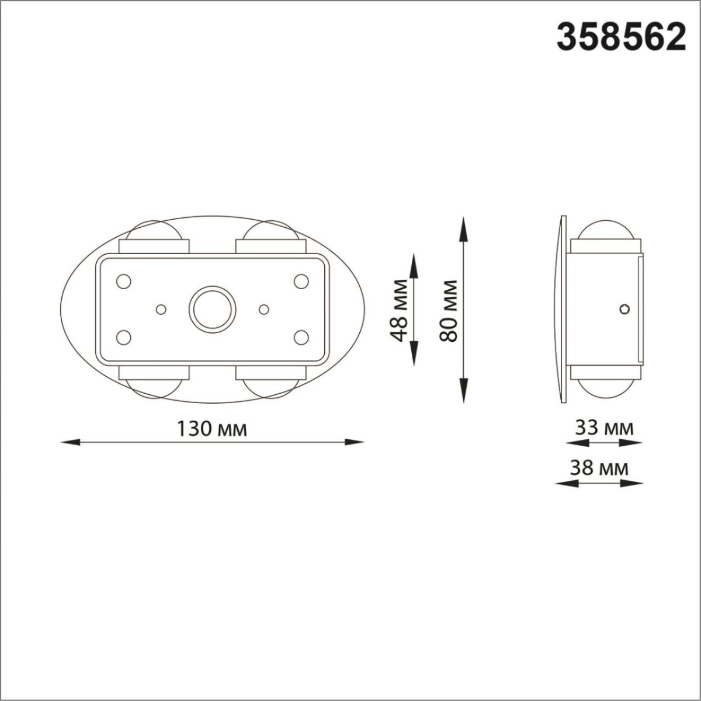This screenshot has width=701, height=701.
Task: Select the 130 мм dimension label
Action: pos(212,429)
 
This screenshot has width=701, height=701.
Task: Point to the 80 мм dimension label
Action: pos(449,310)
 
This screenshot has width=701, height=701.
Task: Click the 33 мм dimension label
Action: pos(604,428)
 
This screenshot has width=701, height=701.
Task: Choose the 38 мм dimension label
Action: pos(600,468)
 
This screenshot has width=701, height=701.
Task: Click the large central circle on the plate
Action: pos(212,308)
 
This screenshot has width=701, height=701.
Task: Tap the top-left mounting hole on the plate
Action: pos(123,282)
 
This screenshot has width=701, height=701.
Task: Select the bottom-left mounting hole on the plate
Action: pos(123,337)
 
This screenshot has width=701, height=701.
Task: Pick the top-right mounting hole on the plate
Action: pos(301,282)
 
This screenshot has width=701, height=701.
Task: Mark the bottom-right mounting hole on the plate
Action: pos(301,337)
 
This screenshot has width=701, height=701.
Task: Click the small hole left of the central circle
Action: pos(161,308)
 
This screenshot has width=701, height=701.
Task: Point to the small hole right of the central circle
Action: pos(263,308)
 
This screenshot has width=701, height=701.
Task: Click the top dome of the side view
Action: pos(605,230)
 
